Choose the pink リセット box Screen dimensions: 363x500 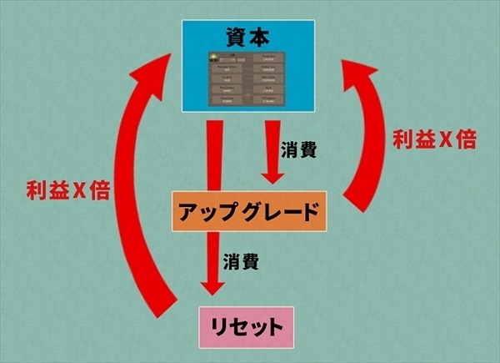pos(248,325)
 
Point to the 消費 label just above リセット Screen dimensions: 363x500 pos(241,262)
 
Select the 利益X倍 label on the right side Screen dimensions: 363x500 pos(434,140)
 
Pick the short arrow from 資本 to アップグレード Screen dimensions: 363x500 pos(271,154)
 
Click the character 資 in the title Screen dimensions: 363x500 pos(235,36)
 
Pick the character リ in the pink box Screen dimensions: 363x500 pos(217,325)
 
